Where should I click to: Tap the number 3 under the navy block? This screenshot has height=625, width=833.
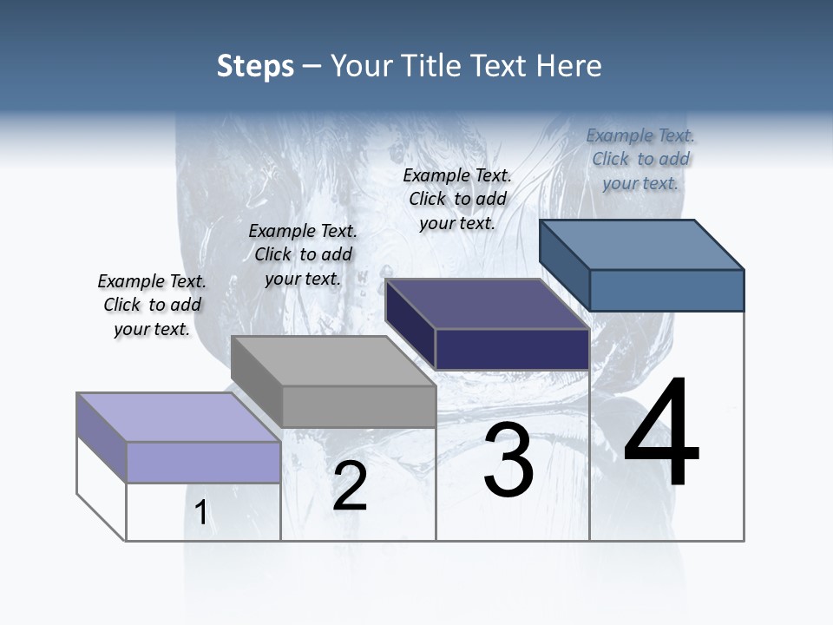[x=508, y=460]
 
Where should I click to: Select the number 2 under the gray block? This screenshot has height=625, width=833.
[x=350, y=486]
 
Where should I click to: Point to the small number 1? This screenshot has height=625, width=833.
[x=201, y=512]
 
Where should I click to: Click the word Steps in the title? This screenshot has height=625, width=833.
[x=255, y=66]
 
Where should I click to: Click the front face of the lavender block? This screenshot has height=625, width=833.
[x=203, y=462]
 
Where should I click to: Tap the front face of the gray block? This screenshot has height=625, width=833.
[x=358, y=406]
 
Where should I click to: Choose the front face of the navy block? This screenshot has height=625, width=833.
[x=512, y=349]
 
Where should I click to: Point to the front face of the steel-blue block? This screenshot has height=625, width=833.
[x=666, y=290]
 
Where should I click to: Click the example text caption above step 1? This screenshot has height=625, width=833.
[x=152, y=305]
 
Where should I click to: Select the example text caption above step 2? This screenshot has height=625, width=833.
[x=303, y=254]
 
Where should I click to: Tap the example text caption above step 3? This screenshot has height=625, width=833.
[x=457, y=199]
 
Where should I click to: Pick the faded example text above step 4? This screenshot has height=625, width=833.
[x=640, y=159]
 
